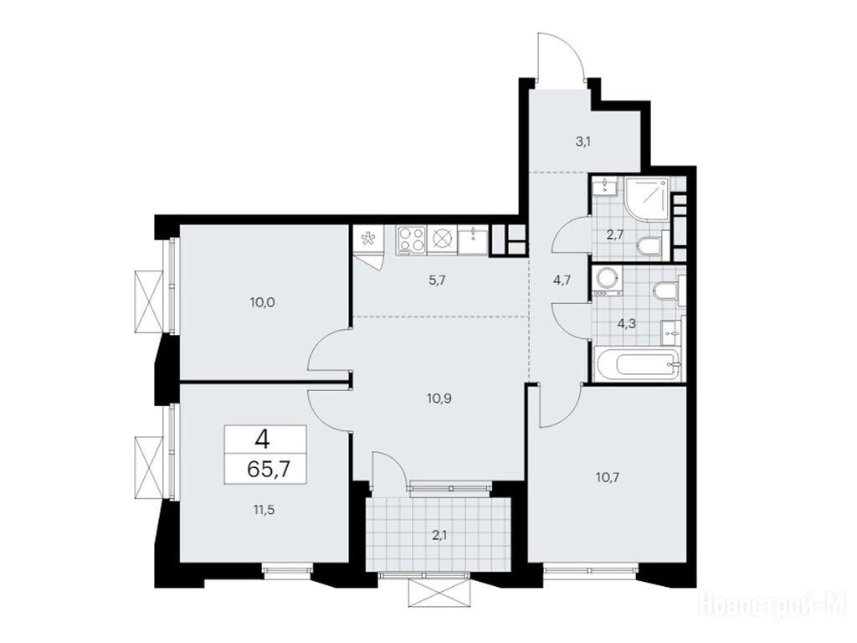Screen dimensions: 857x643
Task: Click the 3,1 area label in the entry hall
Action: pyautogui.click(x=582, y=143)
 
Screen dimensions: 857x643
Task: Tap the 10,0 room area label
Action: pyautogui.click(x=262, y=301)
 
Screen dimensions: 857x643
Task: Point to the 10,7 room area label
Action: pyautogui.click(x=608, y=476)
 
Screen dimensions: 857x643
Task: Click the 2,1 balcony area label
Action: pyautogui.click(x=439, y=535)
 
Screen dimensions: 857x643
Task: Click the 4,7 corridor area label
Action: pyautogui.click(x=562, y=281)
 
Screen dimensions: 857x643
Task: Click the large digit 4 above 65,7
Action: pyautogui.click(x=265, y=439)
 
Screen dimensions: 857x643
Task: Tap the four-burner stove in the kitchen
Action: pyautogui.click(x=411, y=240)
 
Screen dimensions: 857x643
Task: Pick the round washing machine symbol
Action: pyautogui.click(x=606, y=280)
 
